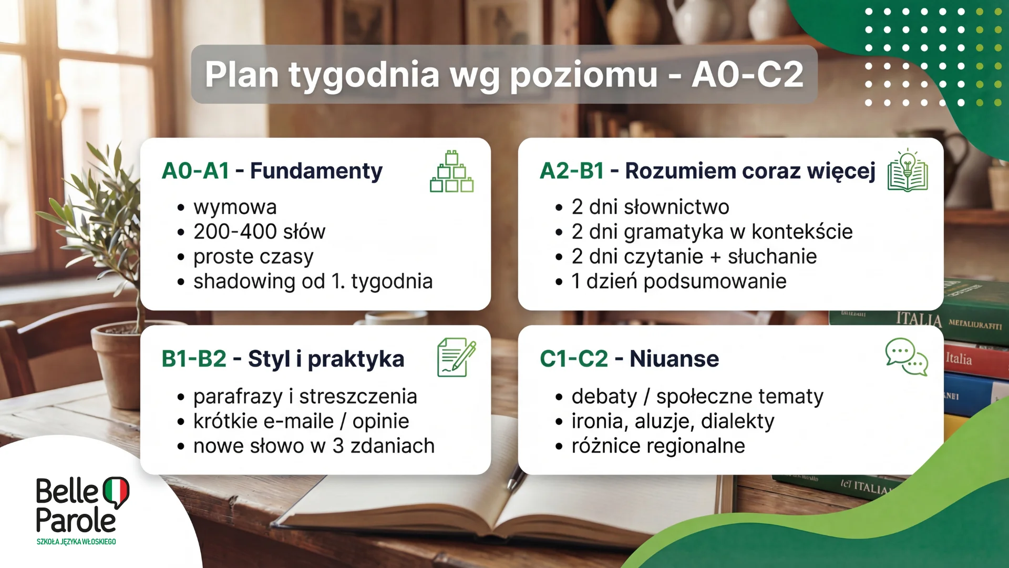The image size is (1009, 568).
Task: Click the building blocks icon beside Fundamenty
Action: tap(451, 172)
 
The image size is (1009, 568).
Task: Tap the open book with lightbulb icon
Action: tap(908, 171)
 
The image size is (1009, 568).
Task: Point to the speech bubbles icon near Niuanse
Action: tap(907, 357)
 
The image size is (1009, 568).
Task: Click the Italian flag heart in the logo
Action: tap(116, 492)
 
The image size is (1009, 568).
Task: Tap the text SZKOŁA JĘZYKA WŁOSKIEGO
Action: tap(76, 542)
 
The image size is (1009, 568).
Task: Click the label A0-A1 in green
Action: tap(195, 171)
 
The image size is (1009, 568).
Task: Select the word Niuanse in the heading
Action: tap(674, 359)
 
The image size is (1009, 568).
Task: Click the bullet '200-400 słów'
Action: tap(259, 231)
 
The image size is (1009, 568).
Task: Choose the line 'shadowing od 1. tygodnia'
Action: tap(313, 281)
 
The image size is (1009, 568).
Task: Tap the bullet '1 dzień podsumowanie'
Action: tap(678, 281)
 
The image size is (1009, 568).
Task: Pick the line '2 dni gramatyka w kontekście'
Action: tap(712, 231)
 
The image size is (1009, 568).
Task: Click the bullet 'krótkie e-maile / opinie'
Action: tap(301, 421)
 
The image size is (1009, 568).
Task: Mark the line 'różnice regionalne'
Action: tap(658, 446)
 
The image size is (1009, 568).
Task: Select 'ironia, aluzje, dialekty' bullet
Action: tap(673, 421)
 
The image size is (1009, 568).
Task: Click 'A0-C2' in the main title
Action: tap(747, 74)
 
